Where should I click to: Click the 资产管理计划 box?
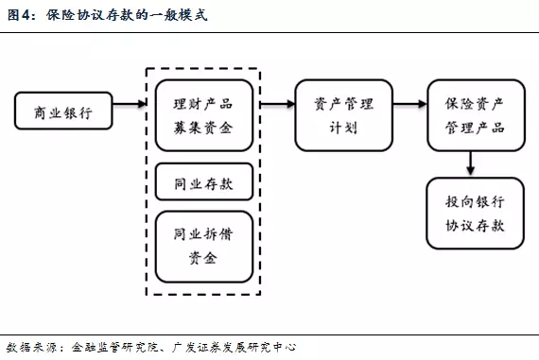[344, 113]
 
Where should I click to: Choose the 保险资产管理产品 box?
[475, 113]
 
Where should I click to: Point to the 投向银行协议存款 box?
[475, 214]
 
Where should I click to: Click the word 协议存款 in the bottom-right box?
[475, 226]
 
